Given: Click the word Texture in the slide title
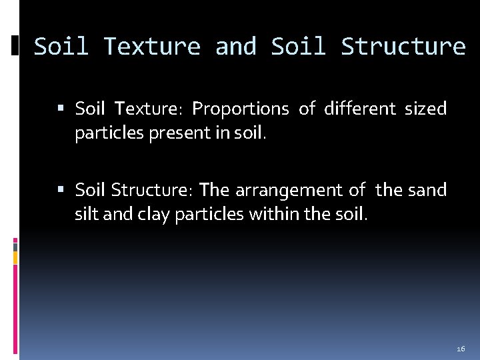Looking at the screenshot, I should click(152, 47).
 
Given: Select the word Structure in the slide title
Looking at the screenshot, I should click(403, 47).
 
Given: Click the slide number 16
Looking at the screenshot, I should click(461, 349).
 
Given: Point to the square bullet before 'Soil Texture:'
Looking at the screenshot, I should click(61, 109).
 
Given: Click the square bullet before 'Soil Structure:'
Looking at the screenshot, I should click(61, 191).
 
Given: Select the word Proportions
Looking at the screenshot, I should click(241, 109).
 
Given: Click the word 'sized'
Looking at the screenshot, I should click(426, 109).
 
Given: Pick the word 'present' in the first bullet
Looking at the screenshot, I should click(179, 134).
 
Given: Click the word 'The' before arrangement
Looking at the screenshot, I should click(214, 191).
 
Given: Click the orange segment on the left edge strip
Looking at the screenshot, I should click(15, 257).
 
